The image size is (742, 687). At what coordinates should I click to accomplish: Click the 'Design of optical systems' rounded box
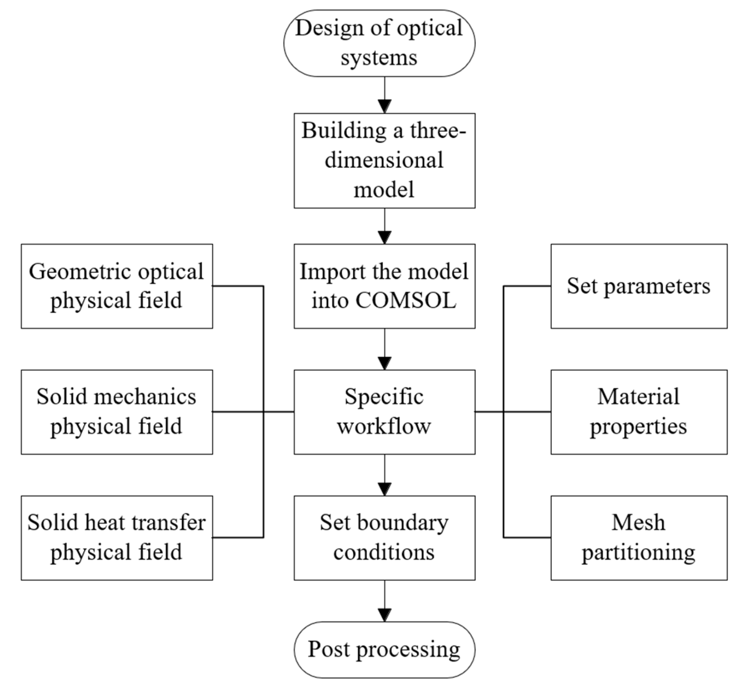coord(379,43)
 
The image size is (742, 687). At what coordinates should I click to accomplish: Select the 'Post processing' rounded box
coord(384,649)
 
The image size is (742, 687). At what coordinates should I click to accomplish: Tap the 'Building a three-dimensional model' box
coord(384,161)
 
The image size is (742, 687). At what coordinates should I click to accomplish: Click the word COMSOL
coord(405,300)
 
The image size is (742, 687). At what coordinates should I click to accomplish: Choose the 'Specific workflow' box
coord(384,411)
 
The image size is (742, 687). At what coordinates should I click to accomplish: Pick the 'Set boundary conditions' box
coord(384,537)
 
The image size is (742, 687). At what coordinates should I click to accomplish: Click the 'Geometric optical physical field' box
coord(117,286)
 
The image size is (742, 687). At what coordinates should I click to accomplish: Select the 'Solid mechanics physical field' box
coord(117,411)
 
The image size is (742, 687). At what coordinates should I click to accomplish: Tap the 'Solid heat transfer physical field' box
coord(117,537)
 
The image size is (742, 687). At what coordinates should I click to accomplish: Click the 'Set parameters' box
coord(638,286)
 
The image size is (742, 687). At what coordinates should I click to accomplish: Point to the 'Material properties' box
coord(638,411)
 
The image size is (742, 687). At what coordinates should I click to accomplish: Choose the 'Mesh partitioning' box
coord(638,537)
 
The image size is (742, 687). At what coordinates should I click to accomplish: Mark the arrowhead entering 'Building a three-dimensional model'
coord(384,106)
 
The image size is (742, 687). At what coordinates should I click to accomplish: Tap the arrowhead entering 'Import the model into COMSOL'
coord(384,237)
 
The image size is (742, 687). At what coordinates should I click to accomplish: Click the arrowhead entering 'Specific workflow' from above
coord(384,363)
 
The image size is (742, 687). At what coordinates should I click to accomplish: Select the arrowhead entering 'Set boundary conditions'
coord(384,489)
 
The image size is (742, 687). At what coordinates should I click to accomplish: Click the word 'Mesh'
coord(638,522)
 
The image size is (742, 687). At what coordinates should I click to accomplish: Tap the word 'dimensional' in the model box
coord(384,160)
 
